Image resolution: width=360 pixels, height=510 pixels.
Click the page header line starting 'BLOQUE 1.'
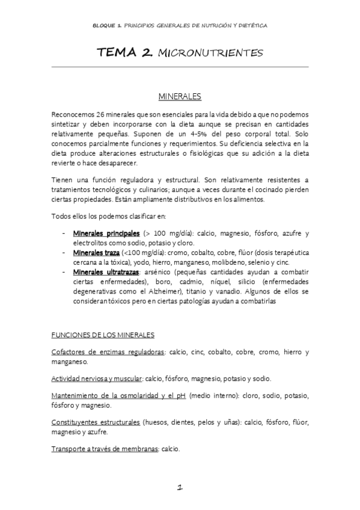coord(180,26)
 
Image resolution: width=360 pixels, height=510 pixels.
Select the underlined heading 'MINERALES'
coord(180,96)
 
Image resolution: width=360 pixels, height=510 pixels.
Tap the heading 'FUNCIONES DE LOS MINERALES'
coord(103,335)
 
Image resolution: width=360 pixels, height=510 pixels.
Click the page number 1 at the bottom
coord(180,489)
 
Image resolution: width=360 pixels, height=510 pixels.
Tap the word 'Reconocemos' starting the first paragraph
coord(72,113)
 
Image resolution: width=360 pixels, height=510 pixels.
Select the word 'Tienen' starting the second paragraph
coord(63,180)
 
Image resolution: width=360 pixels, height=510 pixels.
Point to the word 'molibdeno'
coord(224,263)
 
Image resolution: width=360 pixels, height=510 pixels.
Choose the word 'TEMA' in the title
coord(118,54)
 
